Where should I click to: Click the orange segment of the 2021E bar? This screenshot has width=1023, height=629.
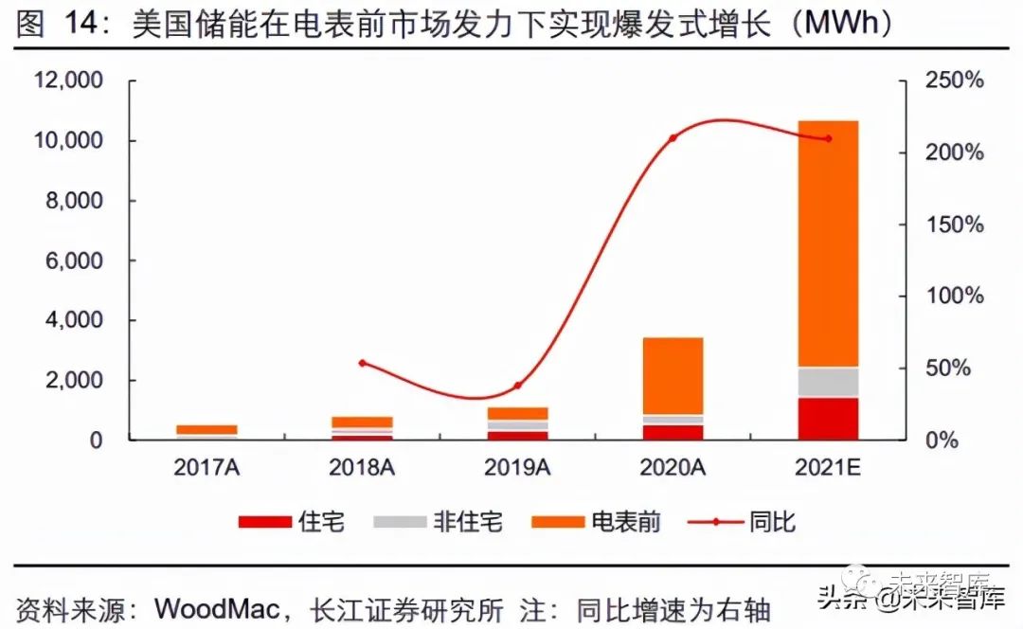point(828,243)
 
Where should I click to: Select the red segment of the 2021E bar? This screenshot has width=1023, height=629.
point(828,419)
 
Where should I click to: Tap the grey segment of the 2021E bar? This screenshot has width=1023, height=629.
point(828,382)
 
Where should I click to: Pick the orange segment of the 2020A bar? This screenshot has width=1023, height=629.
point(673,375)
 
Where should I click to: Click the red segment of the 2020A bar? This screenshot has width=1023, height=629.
point(673,432)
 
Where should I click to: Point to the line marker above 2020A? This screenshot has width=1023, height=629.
point(673,138)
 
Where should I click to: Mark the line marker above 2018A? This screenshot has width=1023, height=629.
point(362,363)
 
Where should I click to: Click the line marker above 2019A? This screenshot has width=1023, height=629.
point(517,386)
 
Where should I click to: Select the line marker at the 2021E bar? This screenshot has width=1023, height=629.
point(828,138)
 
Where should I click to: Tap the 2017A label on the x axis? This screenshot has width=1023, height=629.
point(206,467)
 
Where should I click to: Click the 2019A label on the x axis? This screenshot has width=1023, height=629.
point(517,467)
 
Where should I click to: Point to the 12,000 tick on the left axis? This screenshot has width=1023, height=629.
point(68,81)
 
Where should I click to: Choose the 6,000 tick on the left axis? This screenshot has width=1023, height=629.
point(74,261)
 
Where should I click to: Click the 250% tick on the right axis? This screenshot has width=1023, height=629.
point(954,81)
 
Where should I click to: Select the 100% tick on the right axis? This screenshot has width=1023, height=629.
point(954,297)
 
